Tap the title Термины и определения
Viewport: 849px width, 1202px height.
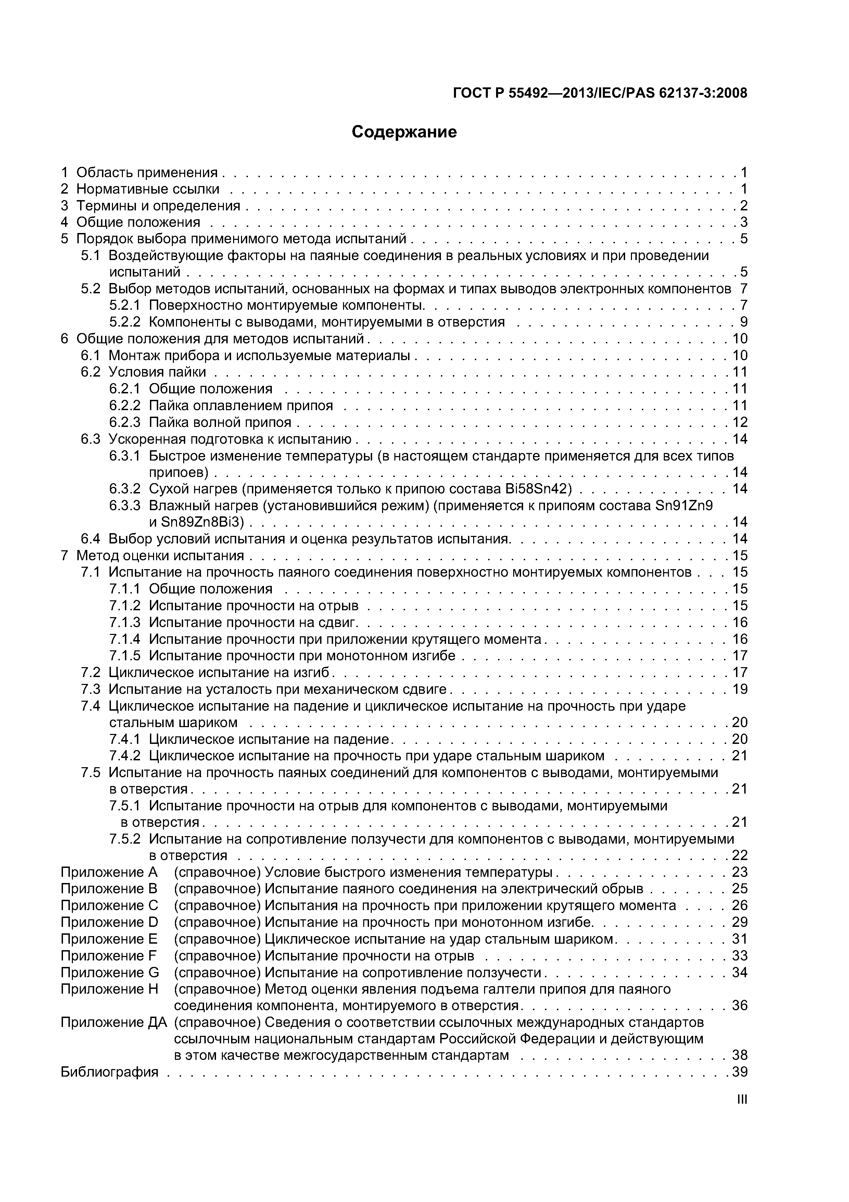tap(158, 205)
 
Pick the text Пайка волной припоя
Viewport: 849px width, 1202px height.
tap(220, 422)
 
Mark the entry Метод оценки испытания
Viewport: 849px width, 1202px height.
tap(160, 555)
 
